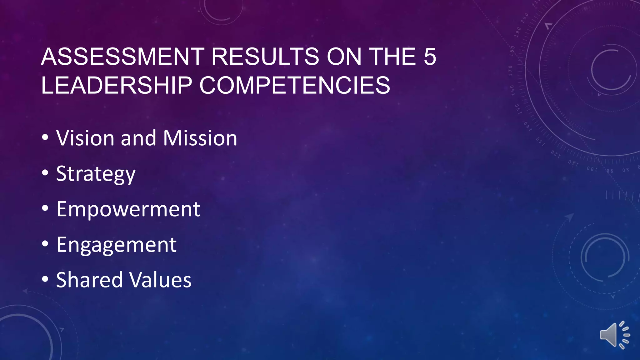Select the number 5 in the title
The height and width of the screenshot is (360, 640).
pyautogui.click(x=430, y=57)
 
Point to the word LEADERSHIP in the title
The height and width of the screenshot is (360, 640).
pyautogui.click(x=116, y=85)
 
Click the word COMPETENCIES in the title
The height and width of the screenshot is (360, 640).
pyautogui.click(x=295, y=85)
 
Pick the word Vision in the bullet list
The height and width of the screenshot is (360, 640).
pyautogui.click(x=85, y=138)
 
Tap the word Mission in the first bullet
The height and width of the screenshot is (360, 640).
pyautogui.click(x=200, y=138)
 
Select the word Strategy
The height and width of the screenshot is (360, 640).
pyautogui.click(x=96, y=174)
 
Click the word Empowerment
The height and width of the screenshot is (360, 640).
pyautogui.click(x=128, y=209)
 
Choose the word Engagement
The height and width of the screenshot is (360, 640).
pyautogui.click(x=116, y=245)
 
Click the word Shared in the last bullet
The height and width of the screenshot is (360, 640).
pyautogui.click(x=89, y=280)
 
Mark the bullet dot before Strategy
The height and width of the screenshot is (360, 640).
pyautogui.click(x=45, y=173)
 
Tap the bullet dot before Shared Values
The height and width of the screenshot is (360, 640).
pyautogui.click(x=45, y=279)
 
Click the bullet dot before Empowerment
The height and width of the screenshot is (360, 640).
pyautogui.click(x=45, y=208)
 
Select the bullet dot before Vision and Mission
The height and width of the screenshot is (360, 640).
pyautogui.click(x=45, y=137)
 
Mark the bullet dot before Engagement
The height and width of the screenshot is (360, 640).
pyautogui.click(x=45, y=244)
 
